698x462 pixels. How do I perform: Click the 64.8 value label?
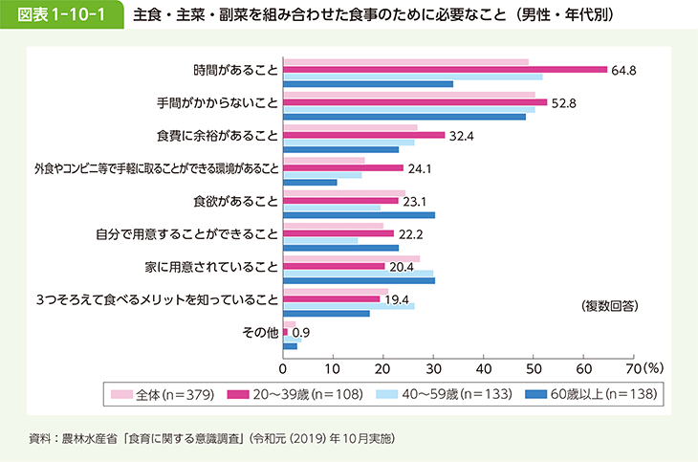tap(624, 70)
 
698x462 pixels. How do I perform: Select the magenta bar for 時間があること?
tap(445, 70)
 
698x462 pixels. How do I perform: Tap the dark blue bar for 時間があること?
tap(368, 84)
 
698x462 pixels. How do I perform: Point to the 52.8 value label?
tap(564, 102)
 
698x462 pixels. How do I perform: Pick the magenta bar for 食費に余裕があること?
tap(364, 135)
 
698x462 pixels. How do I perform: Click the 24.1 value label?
tap(421, 168)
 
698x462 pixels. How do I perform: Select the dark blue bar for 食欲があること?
tap(360, 215)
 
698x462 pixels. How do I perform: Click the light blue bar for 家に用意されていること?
tap(359, 274)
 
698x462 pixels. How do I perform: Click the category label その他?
tap(260, 332)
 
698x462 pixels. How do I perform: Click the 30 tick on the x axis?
tap(433, 366)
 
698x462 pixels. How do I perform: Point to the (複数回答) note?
tap(609, 306)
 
